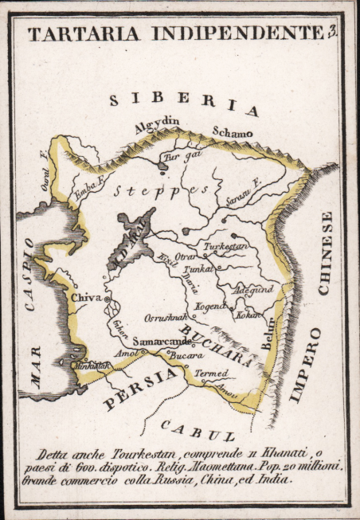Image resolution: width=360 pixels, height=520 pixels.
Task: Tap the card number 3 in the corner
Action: pyautogui.click(x=331, y=32)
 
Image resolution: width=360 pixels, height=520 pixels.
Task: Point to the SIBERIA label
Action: pyautogui.click(x=184, y=103)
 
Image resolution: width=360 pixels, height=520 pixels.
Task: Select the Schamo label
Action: pyautogui.click(x=232, y=132)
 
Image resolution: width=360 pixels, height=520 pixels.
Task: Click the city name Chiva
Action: pyautogui.click(x=86, y=297)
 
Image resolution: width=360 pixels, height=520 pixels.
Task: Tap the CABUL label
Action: pyautogui.click(x=196, y=431)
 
